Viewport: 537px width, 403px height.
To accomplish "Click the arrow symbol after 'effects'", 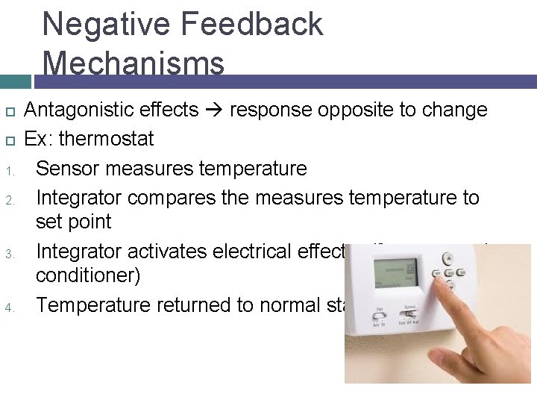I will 214,110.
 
